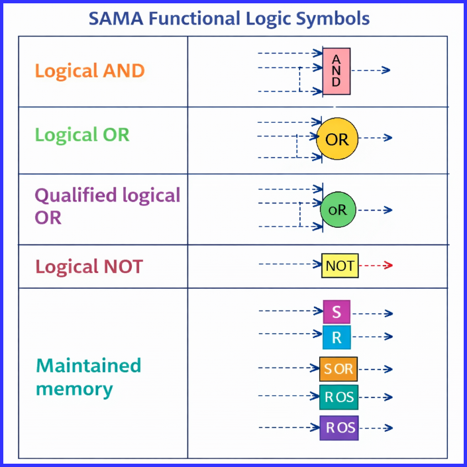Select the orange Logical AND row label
(x=89, y=71)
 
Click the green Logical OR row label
(x=82, y=134)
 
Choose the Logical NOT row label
(x=89, y=266)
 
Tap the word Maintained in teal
(x=88, y=366)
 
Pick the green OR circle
(x=338, y=210)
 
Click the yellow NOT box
(x=340, y=266)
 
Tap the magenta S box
(x=337, y=312)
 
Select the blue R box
(x=337, y=338)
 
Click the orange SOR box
(x=338, y=368)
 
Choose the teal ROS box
(x=338, y=397)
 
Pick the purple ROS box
(x=338, y=428)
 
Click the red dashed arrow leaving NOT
(x=376, y=266)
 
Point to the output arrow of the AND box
(x=370, y=70)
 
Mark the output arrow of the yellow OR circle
(x=375, y=138)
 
